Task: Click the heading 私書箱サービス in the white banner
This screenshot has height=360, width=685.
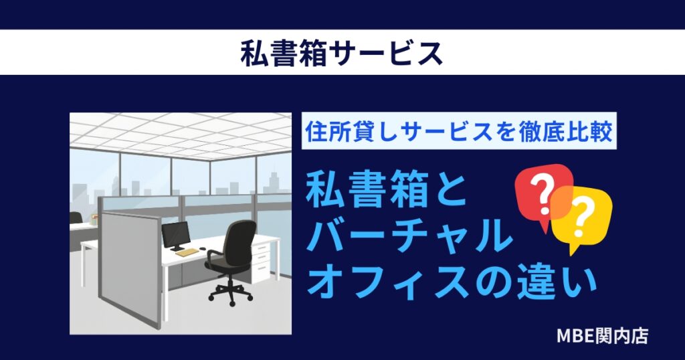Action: [x=342, y=52]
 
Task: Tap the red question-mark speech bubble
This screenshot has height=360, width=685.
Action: [x=543, y=193]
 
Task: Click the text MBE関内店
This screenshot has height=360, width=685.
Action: [x=602, y=335]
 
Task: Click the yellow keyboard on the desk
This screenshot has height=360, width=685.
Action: [x=187, y=252]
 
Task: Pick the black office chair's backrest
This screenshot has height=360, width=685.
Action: [x=239, y=238]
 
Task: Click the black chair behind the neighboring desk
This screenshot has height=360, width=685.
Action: [x=76, y=218]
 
